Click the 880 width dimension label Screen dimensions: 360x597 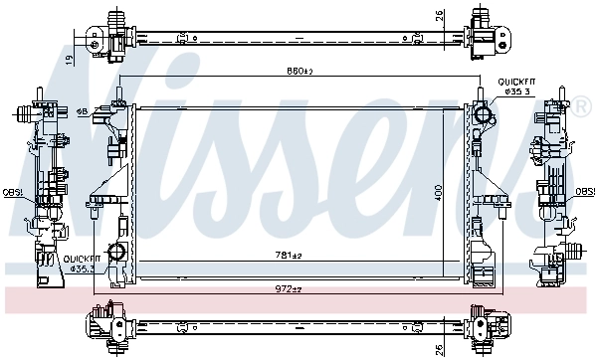click(299, 71)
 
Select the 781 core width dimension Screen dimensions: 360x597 click(289, 256)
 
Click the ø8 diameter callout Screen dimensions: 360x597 click(83, 110)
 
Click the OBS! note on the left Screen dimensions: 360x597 click(12, 192)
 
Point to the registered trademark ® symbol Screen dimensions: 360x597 click(582, 104)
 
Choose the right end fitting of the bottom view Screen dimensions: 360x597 click(485, 325)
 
